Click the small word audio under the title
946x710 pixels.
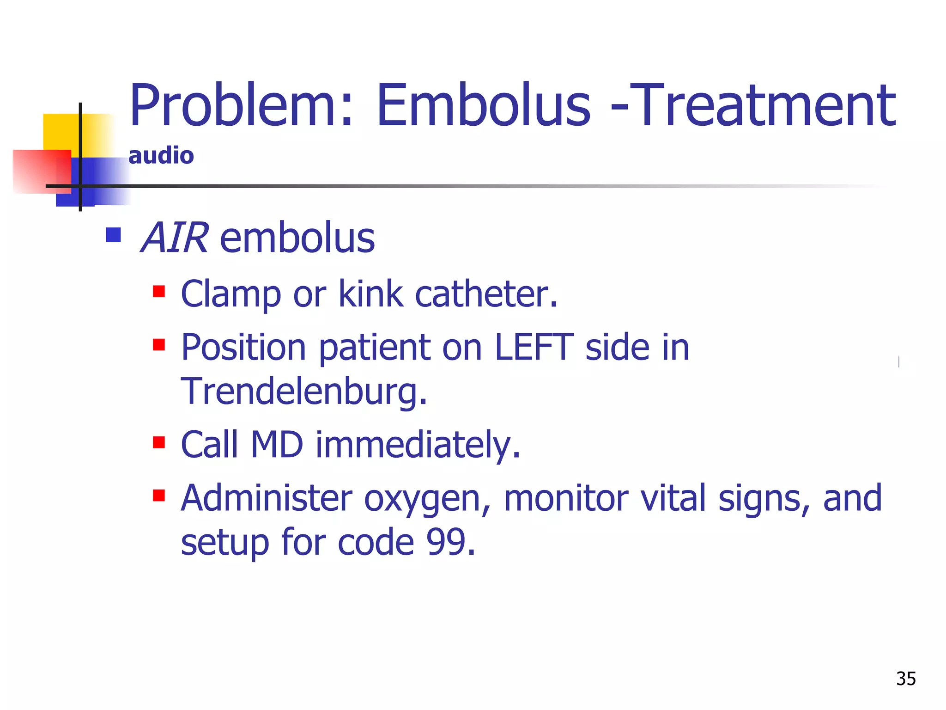[161, 155]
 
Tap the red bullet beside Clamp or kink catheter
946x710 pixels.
[159, 292]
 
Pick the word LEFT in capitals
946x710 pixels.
[534, 347]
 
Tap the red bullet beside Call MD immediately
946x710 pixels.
[159, 442]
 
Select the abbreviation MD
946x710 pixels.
[277, 445]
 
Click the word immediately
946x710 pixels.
[418, 445]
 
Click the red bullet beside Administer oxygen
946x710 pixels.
[159, 496]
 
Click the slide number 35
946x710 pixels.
[905, 679]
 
